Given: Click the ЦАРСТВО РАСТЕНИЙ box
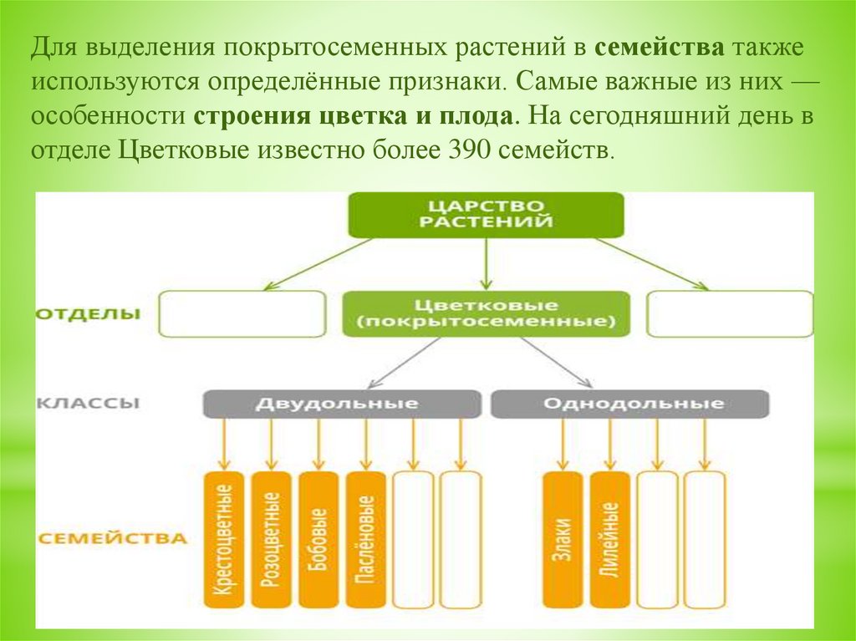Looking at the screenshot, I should point(485,215).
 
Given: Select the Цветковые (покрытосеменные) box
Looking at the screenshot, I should point(485,313).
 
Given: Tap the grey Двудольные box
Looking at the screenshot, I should point(342,404).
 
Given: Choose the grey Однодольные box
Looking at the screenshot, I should point(629,404).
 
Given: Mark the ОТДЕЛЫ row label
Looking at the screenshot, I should point(88,315).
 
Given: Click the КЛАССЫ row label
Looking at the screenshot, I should point(88,403).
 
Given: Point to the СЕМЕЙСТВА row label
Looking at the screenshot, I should point(112,537).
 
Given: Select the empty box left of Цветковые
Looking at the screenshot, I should point(242,313).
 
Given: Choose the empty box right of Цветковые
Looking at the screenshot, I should point(730,313).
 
